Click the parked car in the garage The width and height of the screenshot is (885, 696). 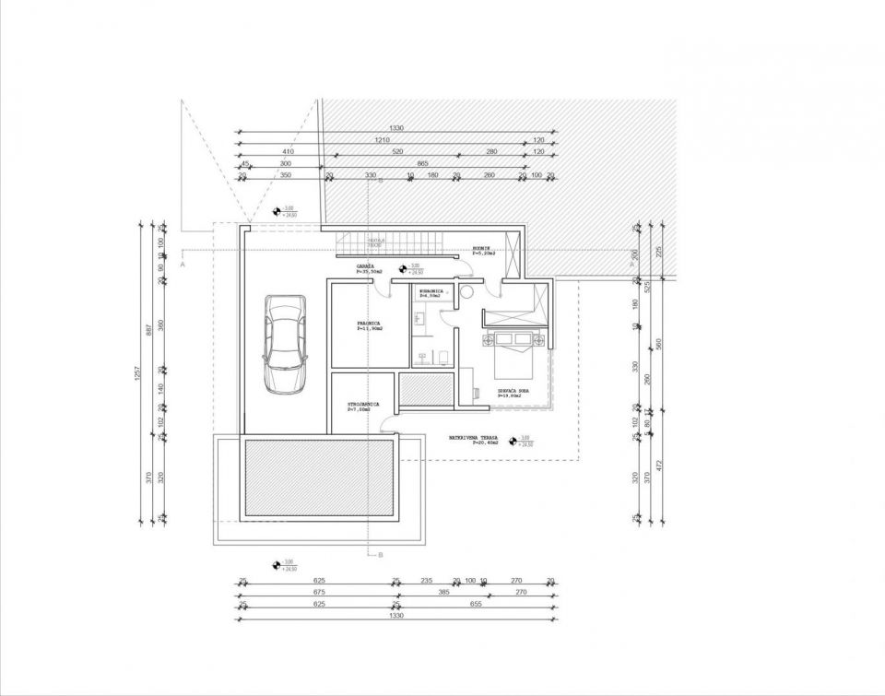tap(283, 344)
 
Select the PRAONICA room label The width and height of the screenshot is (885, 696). tap(370, 325)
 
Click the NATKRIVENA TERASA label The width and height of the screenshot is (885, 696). tap(474, 439)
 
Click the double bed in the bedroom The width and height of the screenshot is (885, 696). tap(513, 351)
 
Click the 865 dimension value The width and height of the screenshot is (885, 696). tap(422, 163)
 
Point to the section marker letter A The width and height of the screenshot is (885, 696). tap(183, 264)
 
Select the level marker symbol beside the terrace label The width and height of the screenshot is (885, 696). tap(514, 440)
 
